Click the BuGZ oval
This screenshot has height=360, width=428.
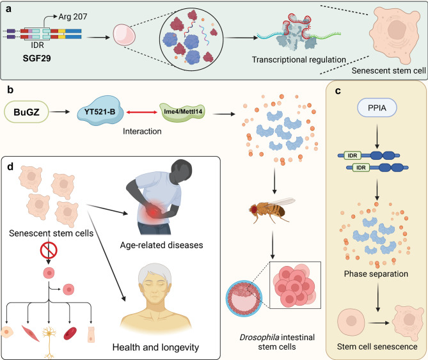(26, 112)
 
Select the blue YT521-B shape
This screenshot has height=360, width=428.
(100, 111)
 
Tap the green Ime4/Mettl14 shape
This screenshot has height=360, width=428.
(182, 112)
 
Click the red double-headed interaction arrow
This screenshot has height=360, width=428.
(141, 112)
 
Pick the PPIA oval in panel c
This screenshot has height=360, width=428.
(377, 107)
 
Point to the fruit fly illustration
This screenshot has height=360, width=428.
(272, 210)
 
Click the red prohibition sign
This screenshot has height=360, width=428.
(49, 251)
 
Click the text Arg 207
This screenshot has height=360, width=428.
(72, 17)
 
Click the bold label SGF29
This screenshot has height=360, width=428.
(37, 58)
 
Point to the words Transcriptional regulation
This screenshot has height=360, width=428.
(299, 59)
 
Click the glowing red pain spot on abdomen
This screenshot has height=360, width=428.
(154, 210)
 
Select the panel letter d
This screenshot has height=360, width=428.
(10, 166)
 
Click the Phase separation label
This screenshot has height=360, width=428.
(376, 274)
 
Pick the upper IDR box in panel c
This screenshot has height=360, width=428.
(353, 155)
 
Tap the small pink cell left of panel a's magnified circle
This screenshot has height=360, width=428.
(124, 35)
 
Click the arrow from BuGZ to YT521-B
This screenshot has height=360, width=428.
(60, 111)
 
